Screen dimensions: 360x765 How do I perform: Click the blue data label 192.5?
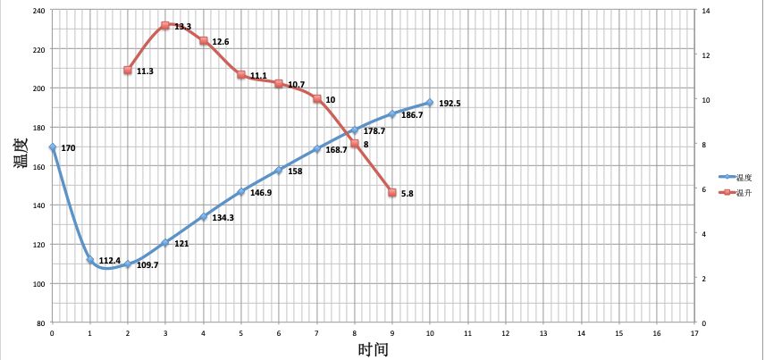pos(450,104)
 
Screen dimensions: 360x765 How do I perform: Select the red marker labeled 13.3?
pos(165,26)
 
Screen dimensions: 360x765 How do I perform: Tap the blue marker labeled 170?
pos(53,147)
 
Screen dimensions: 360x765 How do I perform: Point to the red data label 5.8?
pos(408,193)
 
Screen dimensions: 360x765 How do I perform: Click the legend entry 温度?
pos(742,177)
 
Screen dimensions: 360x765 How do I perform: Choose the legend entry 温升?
pos(742,193)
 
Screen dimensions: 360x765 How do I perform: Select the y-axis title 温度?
pos(20,148)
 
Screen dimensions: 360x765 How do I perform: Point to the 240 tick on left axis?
pos(39,11)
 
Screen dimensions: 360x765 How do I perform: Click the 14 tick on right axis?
pos(704,11)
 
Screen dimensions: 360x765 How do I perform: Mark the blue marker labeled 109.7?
pos(128,264)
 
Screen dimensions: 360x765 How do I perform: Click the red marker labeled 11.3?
pos(128,71)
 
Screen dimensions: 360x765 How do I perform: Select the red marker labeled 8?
pos(355,144)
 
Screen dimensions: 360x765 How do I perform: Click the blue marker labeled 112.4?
pos(90,259)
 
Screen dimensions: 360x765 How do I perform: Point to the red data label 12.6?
pos(221,42)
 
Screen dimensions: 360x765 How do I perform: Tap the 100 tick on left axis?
pos(39,284)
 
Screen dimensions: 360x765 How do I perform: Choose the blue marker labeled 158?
pos(279,170)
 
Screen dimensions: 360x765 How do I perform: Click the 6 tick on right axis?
pos(702,189)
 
